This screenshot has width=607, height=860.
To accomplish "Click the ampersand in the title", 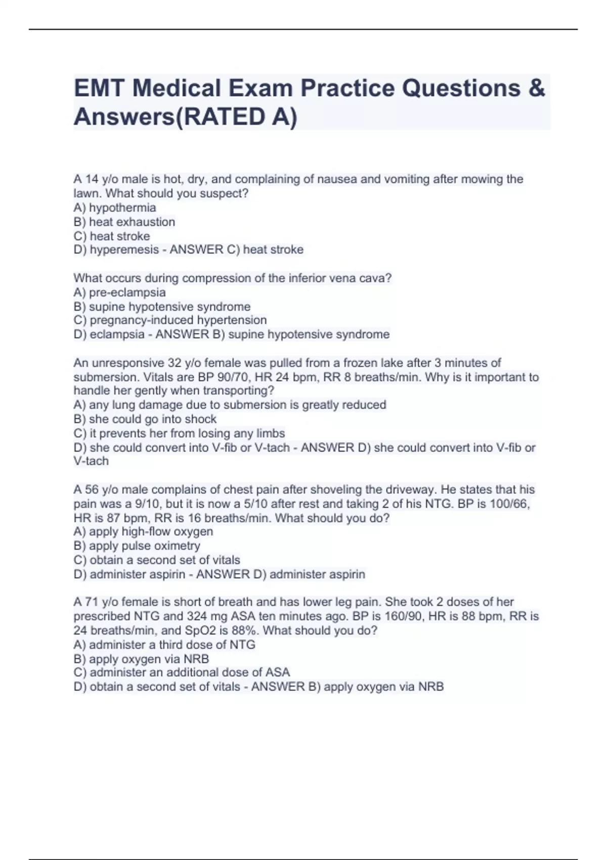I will (536, 89).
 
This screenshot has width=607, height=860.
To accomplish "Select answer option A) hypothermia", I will (115, 208).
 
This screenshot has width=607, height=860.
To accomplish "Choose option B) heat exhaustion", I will (124, 222).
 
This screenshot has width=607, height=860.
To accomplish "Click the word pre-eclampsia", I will (127, 292).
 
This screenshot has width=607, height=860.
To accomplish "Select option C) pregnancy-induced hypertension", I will (170, 320).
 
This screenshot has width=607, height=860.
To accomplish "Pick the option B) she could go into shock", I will (145, 419).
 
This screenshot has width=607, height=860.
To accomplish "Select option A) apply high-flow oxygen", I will (143, 532).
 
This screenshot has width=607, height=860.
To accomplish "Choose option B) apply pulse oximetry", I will (137, 546).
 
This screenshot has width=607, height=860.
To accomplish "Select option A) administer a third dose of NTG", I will (164, 645).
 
